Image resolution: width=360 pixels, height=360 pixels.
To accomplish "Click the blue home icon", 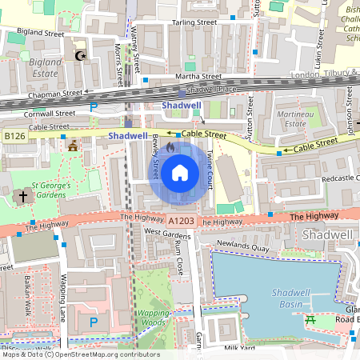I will click(180, 172).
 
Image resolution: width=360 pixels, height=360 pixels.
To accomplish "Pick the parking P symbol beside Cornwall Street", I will click(94, 106).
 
